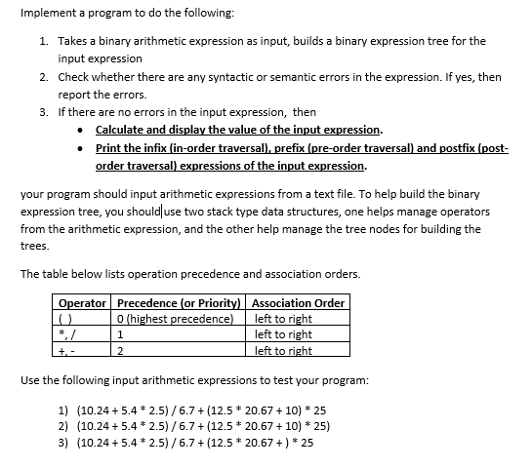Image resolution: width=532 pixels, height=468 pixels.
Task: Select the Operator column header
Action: (83, 303)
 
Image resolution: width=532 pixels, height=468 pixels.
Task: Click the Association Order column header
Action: (298, 303)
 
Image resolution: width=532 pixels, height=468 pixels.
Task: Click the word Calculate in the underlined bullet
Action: (123, 130)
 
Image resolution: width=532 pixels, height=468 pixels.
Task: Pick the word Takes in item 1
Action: (74, 41)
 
